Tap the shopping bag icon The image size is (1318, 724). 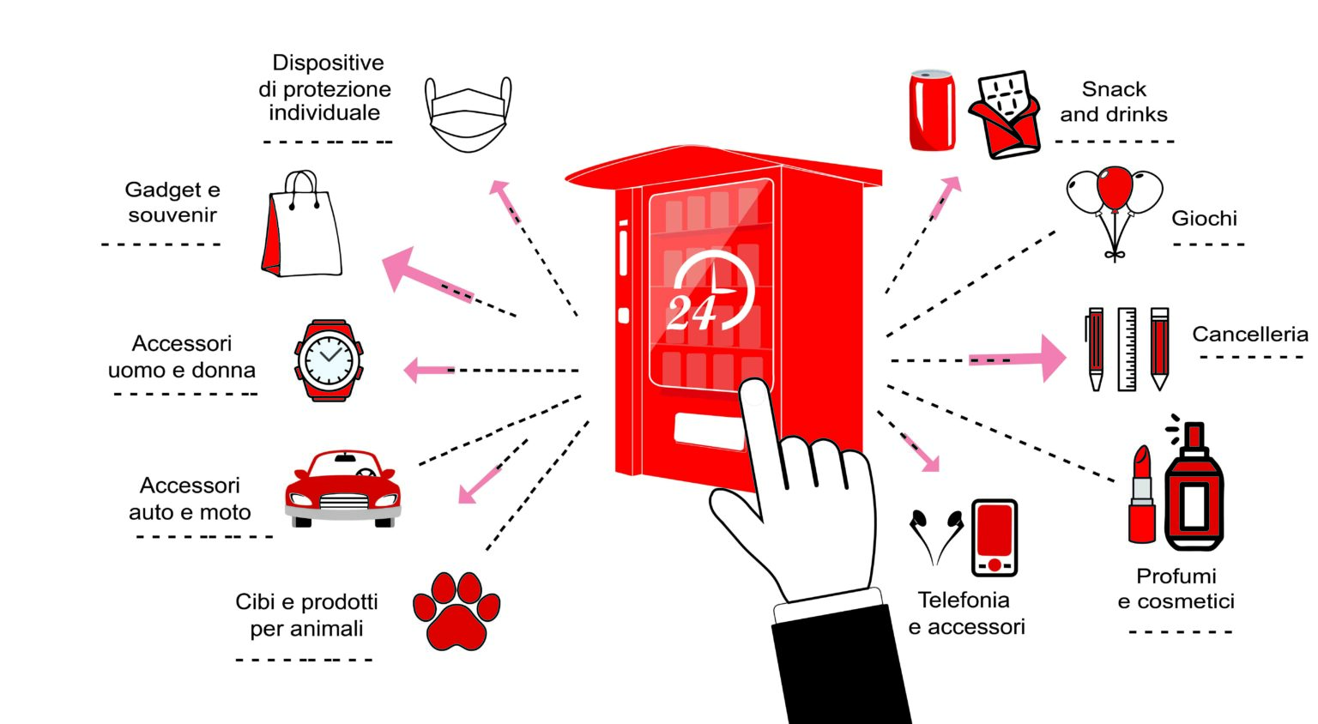[301, 226]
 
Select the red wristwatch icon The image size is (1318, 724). [329, 360]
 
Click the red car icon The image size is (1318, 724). [343, 489]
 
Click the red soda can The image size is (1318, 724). [932, 112]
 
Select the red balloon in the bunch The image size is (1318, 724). [1115, 188]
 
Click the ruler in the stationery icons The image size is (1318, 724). [1127, 350]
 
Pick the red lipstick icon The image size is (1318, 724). [1141, 497]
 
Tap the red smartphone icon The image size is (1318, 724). [995, 538]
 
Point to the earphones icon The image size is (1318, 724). [936, 535]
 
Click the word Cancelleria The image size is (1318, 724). [1249, 335]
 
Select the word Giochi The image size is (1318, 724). [1204, 219]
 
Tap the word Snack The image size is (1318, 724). [1114, 89]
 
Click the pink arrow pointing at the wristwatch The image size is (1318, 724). [427, 371]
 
